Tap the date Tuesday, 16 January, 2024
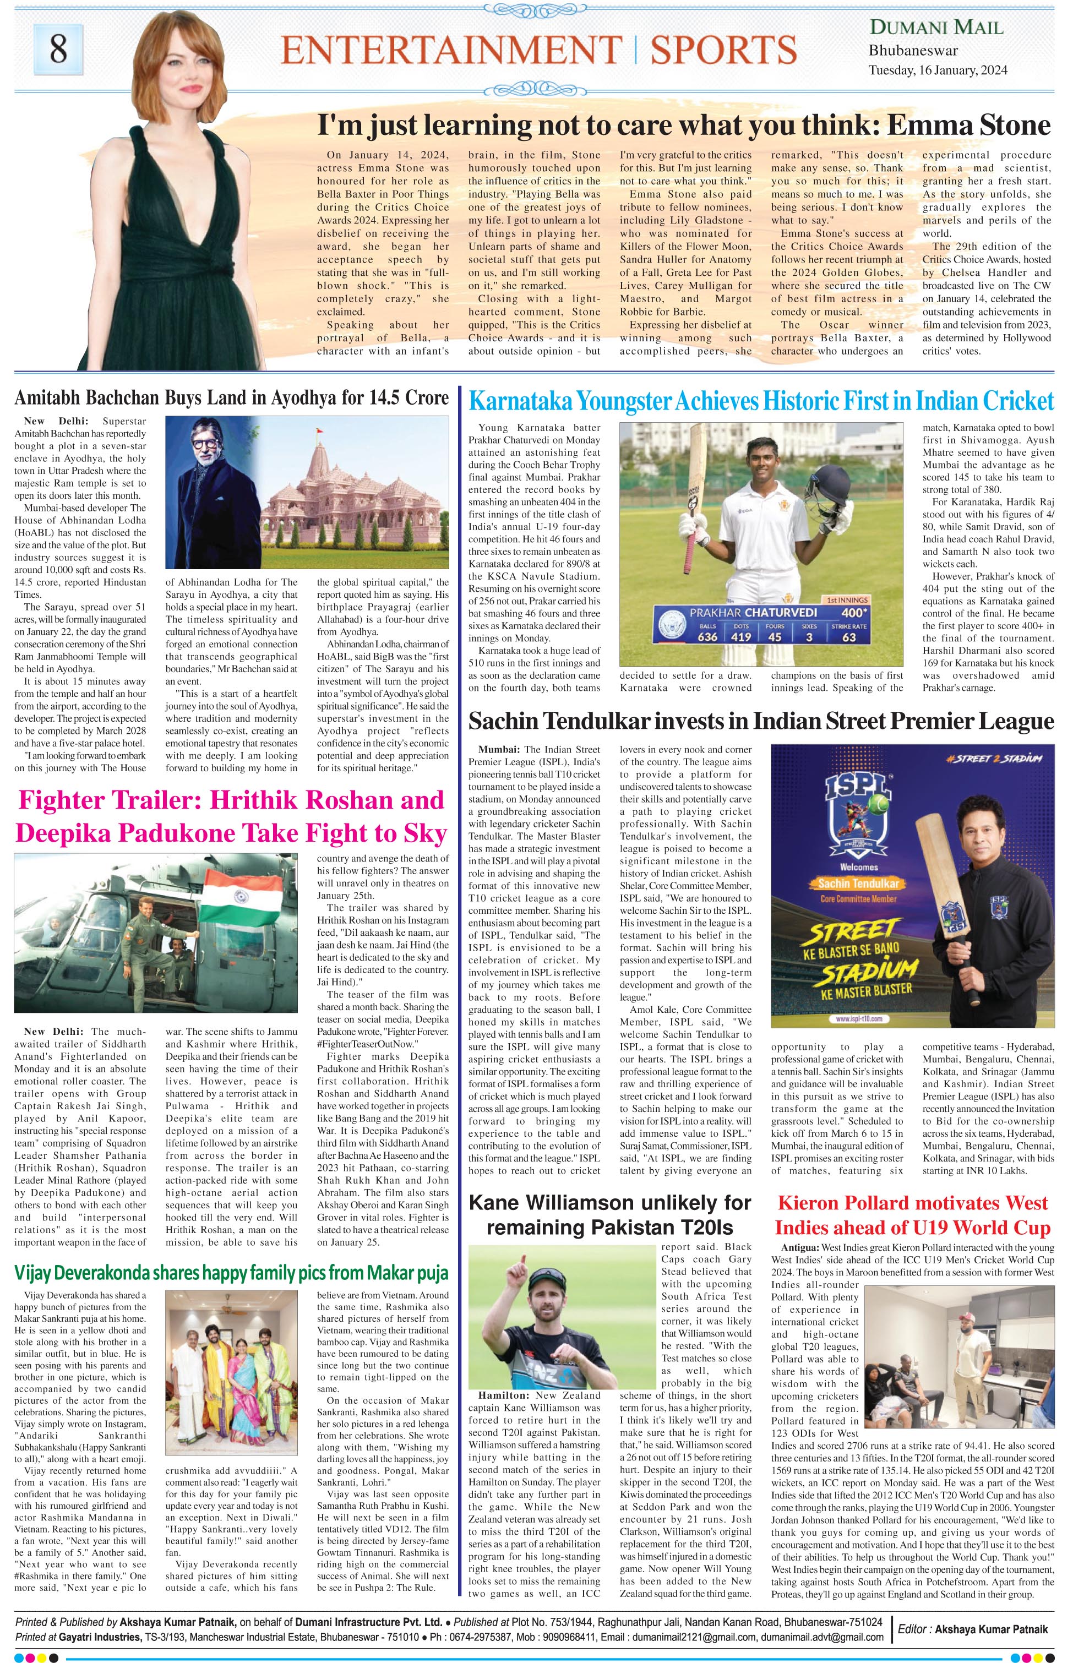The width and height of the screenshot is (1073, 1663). (x=937, y=70)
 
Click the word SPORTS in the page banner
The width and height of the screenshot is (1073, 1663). (x=724, y=50)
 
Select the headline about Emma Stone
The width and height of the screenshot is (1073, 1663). (x=683, y=126)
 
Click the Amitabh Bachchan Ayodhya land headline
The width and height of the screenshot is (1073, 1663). (x=231, y=398)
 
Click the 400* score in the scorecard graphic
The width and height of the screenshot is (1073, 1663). (x=853, y=612)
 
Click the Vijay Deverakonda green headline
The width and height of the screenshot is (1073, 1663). (x=231, y=1273)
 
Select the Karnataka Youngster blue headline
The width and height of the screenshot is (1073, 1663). (x=761, y=401)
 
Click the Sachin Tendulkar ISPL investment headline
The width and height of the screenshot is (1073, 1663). (x=761, y=721)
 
